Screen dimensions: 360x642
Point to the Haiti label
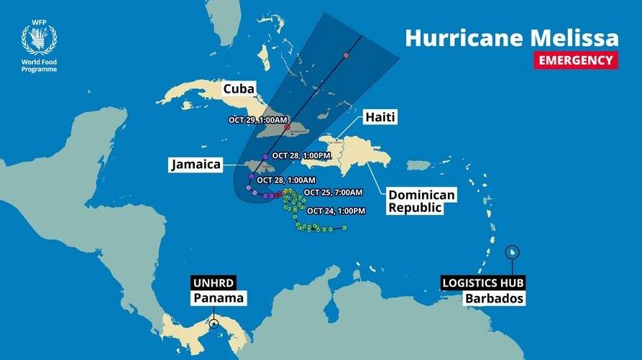[x=380, y=116]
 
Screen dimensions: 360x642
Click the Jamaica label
[x=194, y=165]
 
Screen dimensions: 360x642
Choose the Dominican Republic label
[x=413, y=201]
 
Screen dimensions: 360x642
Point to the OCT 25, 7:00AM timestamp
[x=333, y=192]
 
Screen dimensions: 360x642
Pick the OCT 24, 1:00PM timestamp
[x=336, y=211]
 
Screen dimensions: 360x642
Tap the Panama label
[x=218, y=298]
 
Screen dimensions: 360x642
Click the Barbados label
[x=492, y=298]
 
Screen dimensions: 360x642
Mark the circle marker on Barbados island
[x=512, y=252]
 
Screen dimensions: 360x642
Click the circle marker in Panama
[x=214, y=323]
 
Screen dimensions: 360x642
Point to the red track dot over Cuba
[x=287, y=128]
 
